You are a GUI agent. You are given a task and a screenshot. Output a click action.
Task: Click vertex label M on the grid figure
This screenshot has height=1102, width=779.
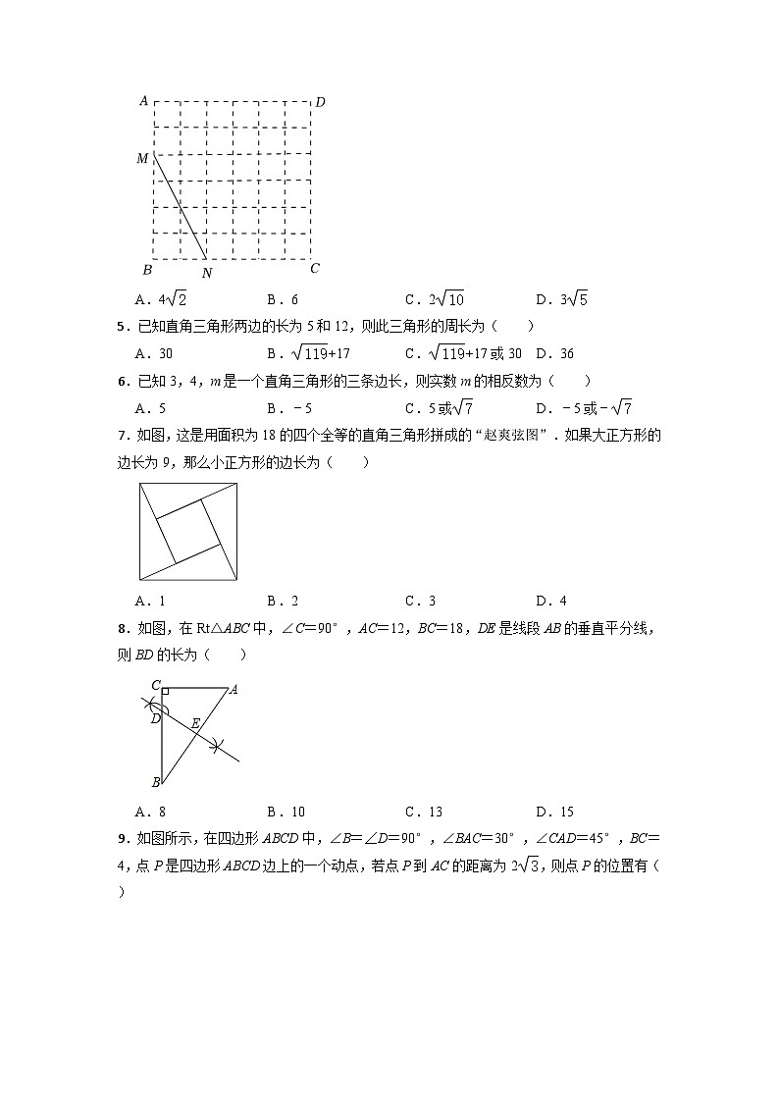pos(142,158)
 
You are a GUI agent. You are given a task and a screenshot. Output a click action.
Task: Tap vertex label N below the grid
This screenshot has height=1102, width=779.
pos(206,273)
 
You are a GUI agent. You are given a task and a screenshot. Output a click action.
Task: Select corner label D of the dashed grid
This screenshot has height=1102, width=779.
pos(320,102)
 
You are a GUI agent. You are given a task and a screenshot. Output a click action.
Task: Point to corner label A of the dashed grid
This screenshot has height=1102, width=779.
pos(143,100)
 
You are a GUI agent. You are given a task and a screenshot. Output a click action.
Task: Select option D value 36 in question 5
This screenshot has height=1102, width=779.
pos(564,353)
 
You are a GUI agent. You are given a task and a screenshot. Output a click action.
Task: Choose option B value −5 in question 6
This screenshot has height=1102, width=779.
pos(292,407)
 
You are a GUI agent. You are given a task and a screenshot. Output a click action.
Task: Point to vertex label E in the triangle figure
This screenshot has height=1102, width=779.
pos(196,723)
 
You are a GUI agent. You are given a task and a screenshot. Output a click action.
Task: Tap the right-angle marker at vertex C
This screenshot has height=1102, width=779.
pos(166,692)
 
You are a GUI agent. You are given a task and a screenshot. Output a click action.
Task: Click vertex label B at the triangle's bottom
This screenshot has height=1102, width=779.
pos(155,782)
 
